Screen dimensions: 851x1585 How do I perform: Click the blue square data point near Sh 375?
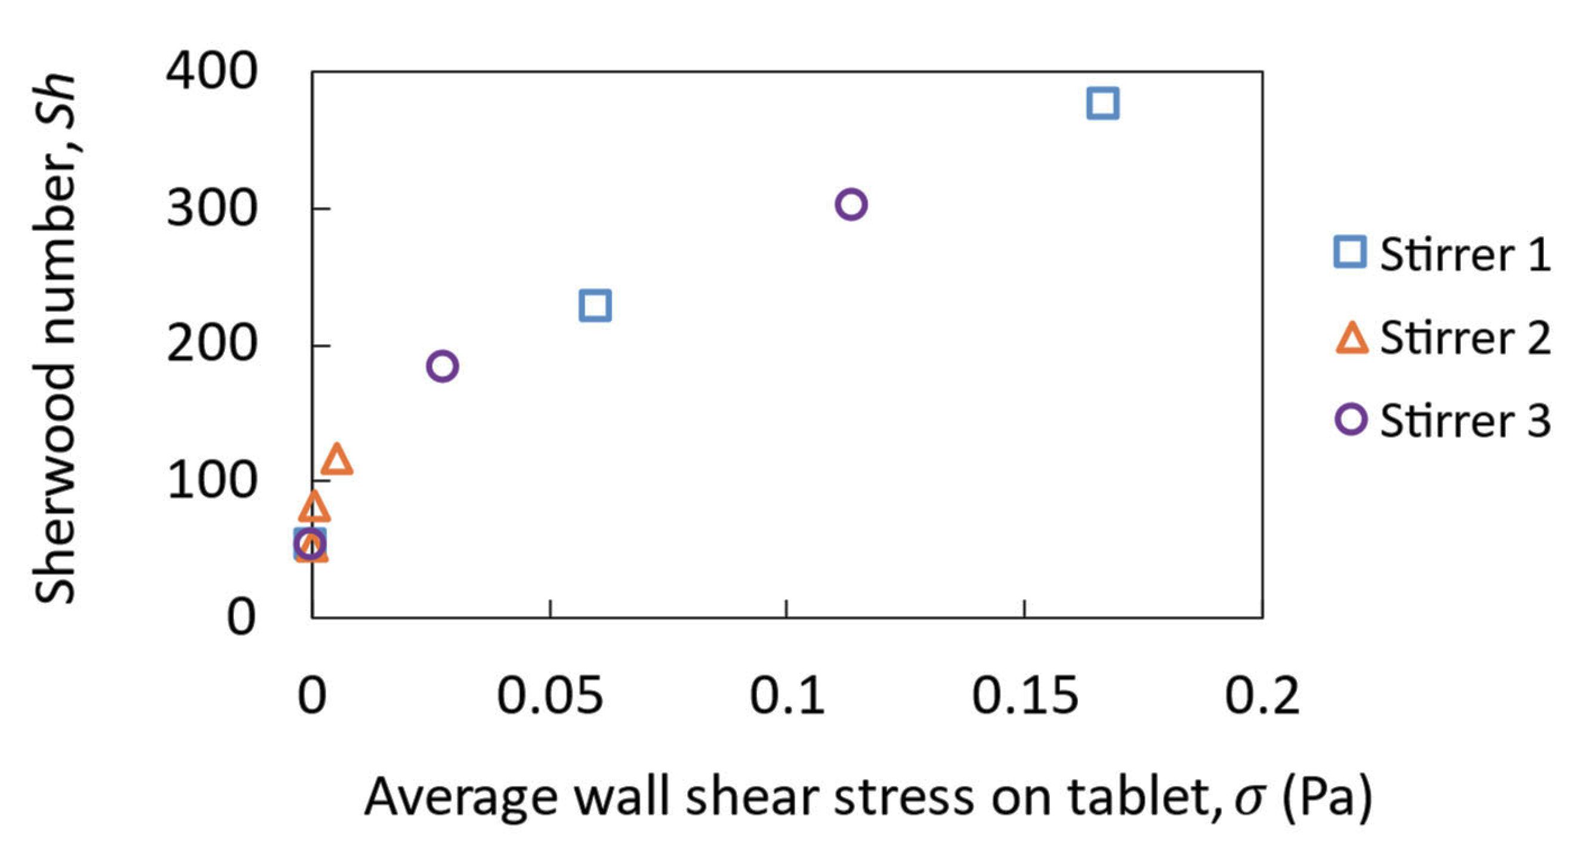[1102, 103]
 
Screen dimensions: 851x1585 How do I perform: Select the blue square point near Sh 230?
[595, 305]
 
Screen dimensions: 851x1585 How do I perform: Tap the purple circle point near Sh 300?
[851, 205]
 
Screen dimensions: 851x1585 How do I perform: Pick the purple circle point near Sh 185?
[442, 366]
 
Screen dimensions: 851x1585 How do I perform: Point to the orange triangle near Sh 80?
[314, 507]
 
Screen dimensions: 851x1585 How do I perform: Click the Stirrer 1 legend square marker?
[1350, 252]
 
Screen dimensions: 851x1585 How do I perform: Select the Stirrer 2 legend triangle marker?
[1351, 338]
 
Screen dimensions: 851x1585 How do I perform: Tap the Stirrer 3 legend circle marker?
[1351, 420]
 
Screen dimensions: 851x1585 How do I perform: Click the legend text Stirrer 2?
[1464, 337]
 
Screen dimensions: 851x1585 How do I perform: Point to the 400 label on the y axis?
[211, 71]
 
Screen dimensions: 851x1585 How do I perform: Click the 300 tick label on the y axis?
[211, 209]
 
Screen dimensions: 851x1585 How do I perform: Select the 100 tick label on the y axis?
[211, 481]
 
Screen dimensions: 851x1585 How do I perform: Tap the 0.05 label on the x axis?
[549, 695]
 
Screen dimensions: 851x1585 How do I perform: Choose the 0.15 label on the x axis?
[1024, 695]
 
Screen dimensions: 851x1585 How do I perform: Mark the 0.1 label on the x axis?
[786, 695]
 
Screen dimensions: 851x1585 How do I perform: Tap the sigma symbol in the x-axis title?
[1249, 797]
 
